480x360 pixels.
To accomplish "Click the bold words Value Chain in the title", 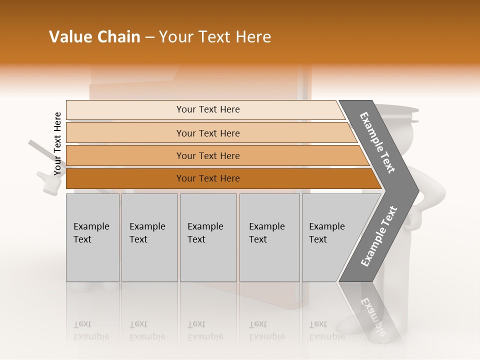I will pos(94,37).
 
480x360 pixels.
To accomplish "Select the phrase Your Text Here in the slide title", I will pos(215,37).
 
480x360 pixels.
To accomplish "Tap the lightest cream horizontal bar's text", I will pos(208,109).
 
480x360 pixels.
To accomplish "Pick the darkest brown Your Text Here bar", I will pos(208,178).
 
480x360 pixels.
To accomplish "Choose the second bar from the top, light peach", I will pos(208,133).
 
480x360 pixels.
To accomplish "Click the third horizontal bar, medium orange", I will pos(208,156).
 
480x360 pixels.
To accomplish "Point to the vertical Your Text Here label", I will pos(57,143).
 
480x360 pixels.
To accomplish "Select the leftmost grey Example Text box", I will pos(92,237).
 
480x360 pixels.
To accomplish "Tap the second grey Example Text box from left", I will pos(149,237).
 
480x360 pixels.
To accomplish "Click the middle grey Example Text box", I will pos(208,237).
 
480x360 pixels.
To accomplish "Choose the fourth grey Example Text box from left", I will pos(269,237).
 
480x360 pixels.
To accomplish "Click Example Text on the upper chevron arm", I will pos(378,142).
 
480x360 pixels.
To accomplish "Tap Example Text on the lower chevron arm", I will pos(379,236).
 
